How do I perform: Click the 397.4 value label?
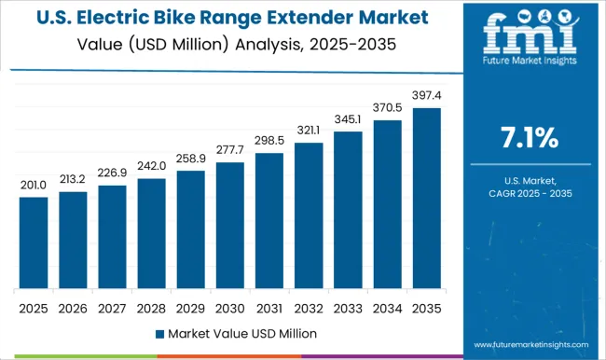[x=427, y=98]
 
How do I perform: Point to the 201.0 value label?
[x=33, y=187]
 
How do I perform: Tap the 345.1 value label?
[x=348, y=120]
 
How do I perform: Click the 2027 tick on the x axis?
[x=112, y=308]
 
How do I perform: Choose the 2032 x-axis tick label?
[x=309, y=308]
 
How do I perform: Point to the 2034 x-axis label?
[x=388, y=308]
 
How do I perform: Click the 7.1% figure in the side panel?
[x=529, y=141]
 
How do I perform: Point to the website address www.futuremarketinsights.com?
[x=529, y=343]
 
